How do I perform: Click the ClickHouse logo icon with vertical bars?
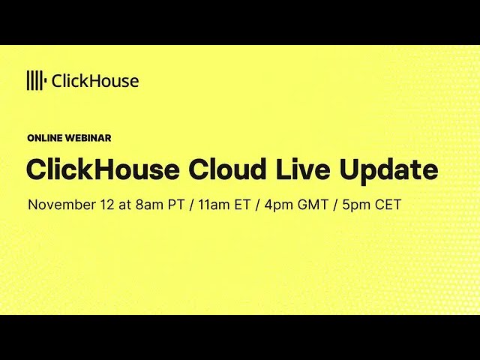point(36,80)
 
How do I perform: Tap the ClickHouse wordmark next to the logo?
point(94,81)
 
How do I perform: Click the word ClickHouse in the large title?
point(103,169)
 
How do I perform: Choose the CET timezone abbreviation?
point(387,205)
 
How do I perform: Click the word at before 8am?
point(124,205)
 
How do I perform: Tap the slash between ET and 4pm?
point(256,205)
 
